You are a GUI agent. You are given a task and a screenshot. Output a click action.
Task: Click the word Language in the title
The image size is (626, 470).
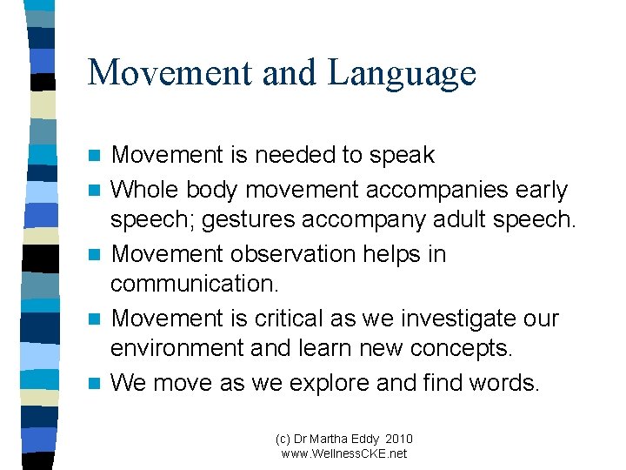pyautogui.click(x=402, y=73)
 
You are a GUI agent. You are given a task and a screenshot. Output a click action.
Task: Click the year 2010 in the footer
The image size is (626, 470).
pyautogui.click(x=398, y=439)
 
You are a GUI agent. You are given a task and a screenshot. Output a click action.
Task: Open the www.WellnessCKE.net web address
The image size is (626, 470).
pyautogui.click(x=344, y=453)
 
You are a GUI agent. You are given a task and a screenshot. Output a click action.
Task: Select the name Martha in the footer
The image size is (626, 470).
pyautogui.click(x=333, y=439)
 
